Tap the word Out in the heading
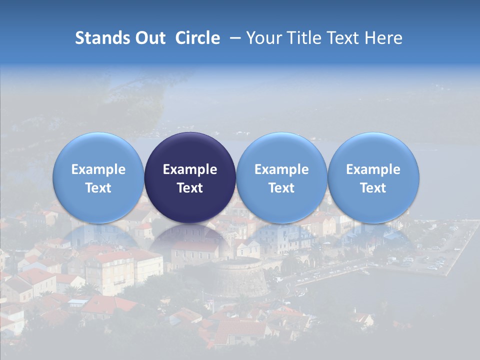tap(150, 38)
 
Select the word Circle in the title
tap(197, 38)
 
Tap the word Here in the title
tap(383, 38)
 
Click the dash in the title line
tap(233, 38)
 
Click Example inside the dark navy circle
tap(190, 169)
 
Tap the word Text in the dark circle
tap(190, 188)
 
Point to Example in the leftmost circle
tap(98, 169)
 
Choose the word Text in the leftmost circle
tap(98, 188)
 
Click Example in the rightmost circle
tap(373, 169)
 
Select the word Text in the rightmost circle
tap(373, 188)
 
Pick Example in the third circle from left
tap(281, 169)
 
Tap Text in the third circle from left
tap(281, 188)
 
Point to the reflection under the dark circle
tap(190, 237)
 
